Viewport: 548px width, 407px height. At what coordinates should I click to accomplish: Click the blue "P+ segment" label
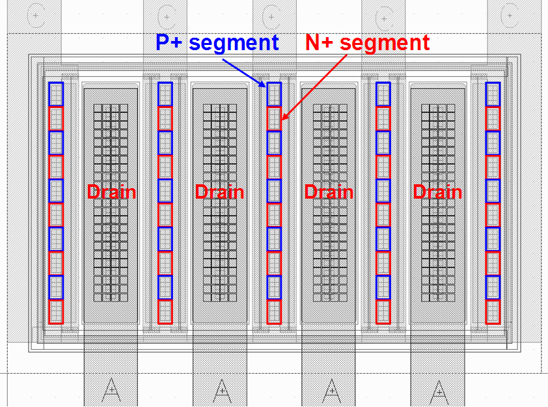point(217,43)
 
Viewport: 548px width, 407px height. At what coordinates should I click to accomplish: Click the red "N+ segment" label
point(368,43)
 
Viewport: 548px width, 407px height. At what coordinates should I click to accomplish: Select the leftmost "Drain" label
point(111,192)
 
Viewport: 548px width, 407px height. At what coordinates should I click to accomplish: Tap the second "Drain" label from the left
point(220,192)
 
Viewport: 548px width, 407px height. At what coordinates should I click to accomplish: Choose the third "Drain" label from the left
point(329,192)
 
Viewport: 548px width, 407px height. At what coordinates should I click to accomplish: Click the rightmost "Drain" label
point(437,192)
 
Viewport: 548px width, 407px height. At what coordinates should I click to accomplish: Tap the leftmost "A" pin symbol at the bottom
point(111,389)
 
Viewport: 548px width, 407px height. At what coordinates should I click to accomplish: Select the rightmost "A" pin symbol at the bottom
point(437,389)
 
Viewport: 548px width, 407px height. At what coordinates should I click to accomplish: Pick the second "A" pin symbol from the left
point(220,389)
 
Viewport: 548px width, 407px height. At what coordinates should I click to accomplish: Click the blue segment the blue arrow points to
point(274,94)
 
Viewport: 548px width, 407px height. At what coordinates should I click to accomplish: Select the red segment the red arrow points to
point(274,119)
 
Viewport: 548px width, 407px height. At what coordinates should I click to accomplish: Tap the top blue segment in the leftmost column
point(56,94)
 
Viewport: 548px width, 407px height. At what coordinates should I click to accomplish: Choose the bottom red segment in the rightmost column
point(493,312)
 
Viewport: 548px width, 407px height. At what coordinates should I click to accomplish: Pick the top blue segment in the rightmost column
point(493,94)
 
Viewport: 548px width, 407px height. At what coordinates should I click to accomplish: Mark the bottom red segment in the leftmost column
point(56,312)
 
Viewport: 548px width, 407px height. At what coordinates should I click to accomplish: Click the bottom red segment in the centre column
point(274,312)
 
